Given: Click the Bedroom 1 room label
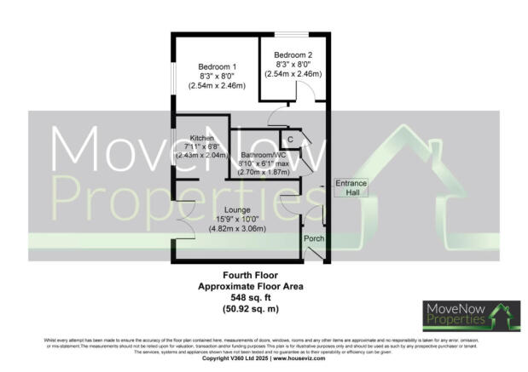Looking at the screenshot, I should [x=217, y=67].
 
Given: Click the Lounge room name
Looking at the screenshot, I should [x=238, y=209].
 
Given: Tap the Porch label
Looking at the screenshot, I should [x=314, y=239].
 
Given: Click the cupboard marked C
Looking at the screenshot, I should [x=290, y=139].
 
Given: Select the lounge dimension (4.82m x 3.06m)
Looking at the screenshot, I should [x=238, y=229].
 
